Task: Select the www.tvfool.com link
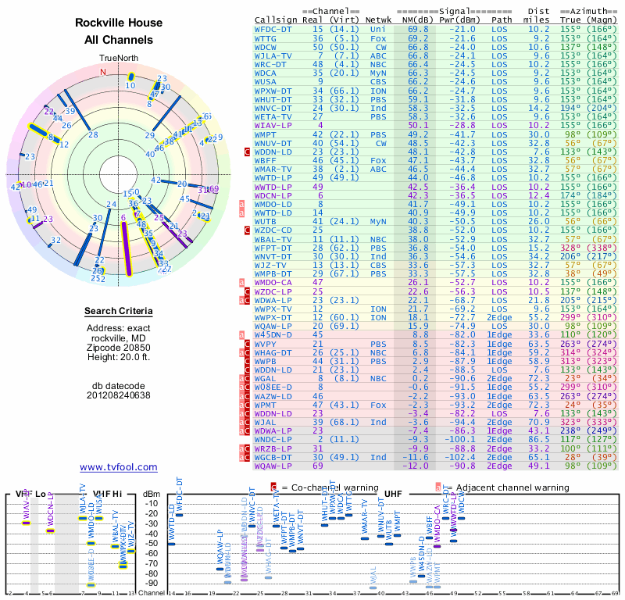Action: [x=119, y=467]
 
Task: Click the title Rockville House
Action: [x=119, y=23]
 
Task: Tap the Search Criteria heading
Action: [x=119, y=312]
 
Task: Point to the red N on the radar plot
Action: [x=102, y=72]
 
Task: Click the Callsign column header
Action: [x=276, y=20]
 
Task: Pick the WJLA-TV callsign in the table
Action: [x=273, y=55]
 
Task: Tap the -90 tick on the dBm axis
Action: [x=152, y=584]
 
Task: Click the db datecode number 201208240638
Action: [x=119, y=395]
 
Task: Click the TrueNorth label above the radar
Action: [x=118, y=59]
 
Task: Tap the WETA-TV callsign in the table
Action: [x=273, y=116]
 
